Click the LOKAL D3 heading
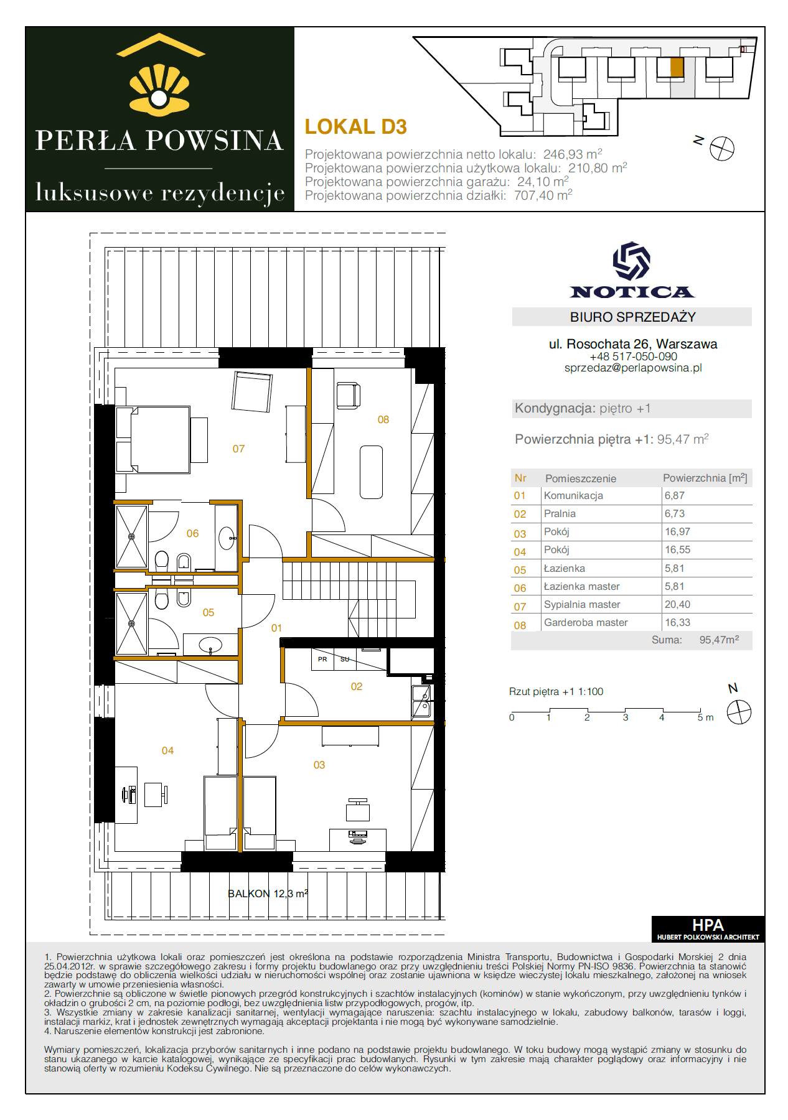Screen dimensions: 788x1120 click(x=355, y=127)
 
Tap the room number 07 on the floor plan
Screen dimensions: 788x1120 click(x=238, y=449)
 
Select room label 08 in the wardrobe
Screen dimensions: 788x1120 click(x=383, y=420)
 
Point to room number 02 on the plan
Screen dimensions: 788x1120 click(x=357, y=686)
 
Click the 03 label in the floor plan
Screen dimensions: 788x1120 click(x=319, y=765)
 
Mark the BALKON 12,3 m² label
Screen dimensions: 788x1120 click(x=268, y=894)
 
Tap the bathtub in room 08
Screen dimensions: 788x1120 click(x=372, y=472)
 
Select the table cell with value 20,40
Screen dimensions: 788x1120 click(x=677, y=604)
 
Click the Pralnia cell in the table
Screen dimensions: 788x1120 click(x=560, y=513)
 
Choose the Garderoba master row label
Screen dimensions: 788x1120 click(x=586, y=622)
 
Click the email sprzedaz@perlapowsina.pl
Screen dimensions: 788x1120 click(x=633, y=368)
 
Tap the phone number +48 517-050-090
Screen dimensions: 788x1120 click(x=633, y=357)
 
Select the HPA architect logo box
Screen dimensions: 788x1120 click(x=708, y=929)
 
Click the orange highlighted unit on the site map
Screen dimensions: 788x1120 click(x=677, y=67)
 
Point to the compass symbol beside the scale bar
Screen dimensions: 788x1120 click(x=739, y=712)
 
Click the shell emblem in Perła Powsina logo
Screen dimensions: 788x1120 click(x=159, y=90)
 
